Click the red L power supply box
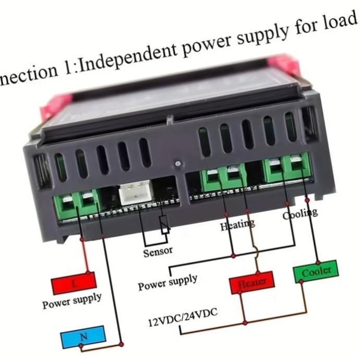pyautogui.click(x=74, y=284)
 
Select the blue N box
pyautogui.click(x=83, y=338)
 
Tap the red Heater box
pyautogui.click(x=252, y=283)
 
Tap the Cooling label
pyautogui.click(x=299, y=213)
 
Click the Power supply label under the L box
pyautogui.click(x=72, y=301)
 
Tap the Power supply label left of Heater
pyautogui.click(x=168, y=282)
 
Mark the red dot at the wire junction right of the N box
pyautogui.click(x=122, y=343)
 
